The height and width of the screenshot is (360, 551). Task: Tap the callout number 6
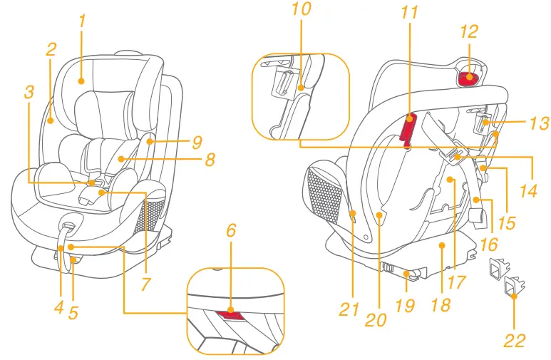pos(230,230)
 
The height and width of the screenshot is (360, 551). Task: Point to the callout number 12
pos(468,31)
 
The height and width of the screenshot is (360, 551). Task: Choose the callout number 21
pos(349,309)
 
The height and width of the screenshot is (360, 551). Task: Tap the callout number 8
pos(209,160)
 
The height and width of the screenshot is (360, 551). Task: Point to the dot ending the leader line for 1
pos(82,81)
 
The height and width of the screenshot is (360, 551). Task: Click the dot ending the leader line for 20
pos(380,212)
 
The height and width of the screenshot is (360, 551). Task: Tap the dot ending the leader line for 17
pos(452,180)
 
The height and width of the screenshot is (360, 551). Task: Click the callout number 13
pos(539,124)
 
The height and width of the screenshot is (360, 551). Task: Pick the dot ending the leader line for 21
pos(353,212)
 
